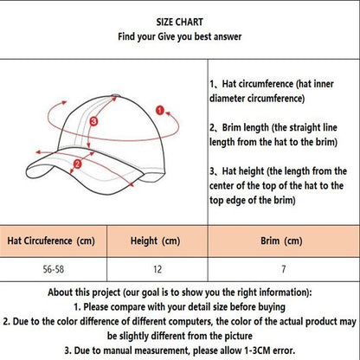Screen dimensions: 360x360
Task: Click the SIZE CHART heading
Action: pyautogui.click(x=180, y=21)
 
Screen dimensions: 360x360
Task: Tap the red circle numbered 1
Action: pyautogui.click(x=159, y=109)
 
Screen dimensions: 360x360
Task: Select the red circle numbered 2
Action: pyautogui.click(x=78, y=162)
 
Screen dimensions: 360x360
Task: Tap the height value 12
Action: pyautogui.click(x=156, y=268)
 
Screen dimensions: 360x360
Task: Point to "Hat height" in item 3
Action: pyautogui.click(x=248, y=170)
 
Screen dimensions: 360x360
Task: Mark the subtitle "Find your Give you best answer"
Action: pyautogui.click(x=180, y=38)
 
